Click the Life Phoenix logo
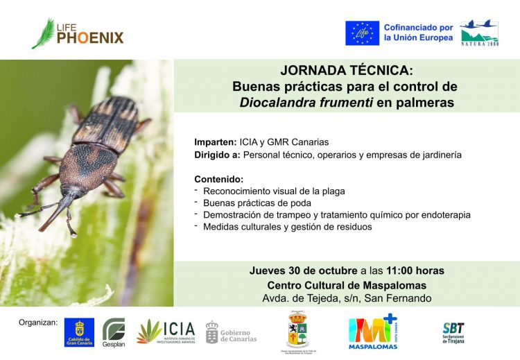pyautogui.click(x=77, y=33)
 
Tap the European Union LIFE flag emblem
pyautogui.click(x=363, y=33)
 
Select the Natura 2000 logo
pyautogui.click(x=479, y=33)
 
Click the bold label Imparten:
pyautogui.click(x=215, y=142)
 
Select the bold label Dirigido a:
pyautogui.click(x=218, y=155)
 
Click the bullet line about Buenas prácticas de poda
pyautogui.click(x=257, y=203)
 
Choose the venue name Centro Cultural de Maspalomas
pyautogui.click(x=347, y=285)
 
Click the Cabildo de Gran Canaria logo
pyautogui.click(x=79, y=332)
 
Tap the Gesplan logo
pyautogui.click(x=114, y=331)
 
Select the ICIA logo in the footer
pyautogui.click(x=166, y=332)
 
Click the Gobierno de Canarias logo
pyautogui.click(x=231, y=332)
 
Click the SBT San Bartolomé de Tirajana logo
pyautogui.click(x=453, y=332)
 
